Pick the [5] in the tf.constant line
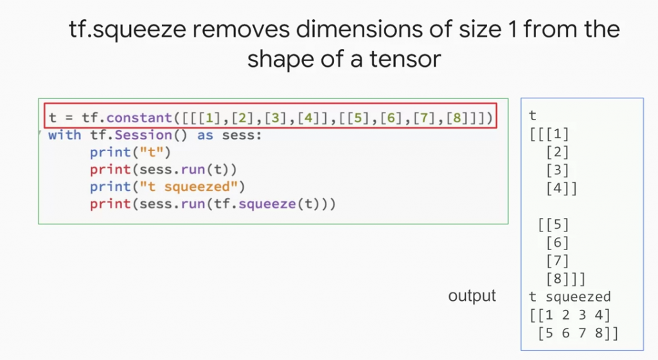357,118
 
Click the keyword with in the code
64,136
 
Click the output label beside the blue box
472,296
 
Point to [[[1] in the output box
549,135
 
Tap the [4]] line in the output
561,189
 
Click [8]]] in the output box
565,279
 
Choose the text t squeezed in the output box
569,297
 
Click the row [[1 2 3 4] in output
569,315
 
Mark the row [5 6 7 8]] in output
578,333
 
